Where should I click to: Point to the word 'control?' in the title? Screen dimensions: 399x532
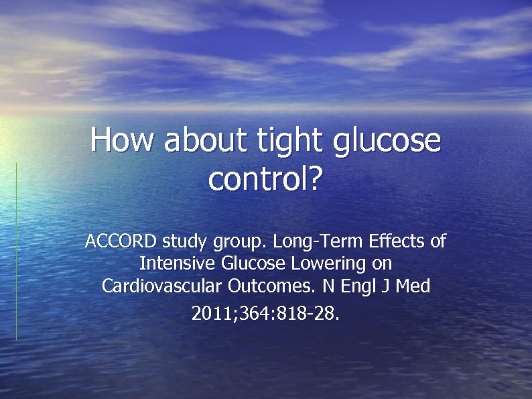(x=266, y=179)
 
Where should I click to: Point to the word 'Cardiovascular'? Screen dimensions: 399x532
(x=162, y=286)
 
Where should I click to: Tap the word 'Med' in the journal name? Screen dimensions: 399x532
(x=413, y=286)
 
